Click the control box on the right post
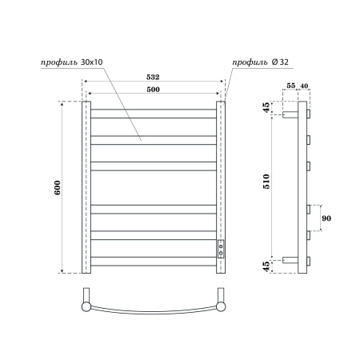(222, 248)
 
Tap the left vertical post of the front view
(86, 187)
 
